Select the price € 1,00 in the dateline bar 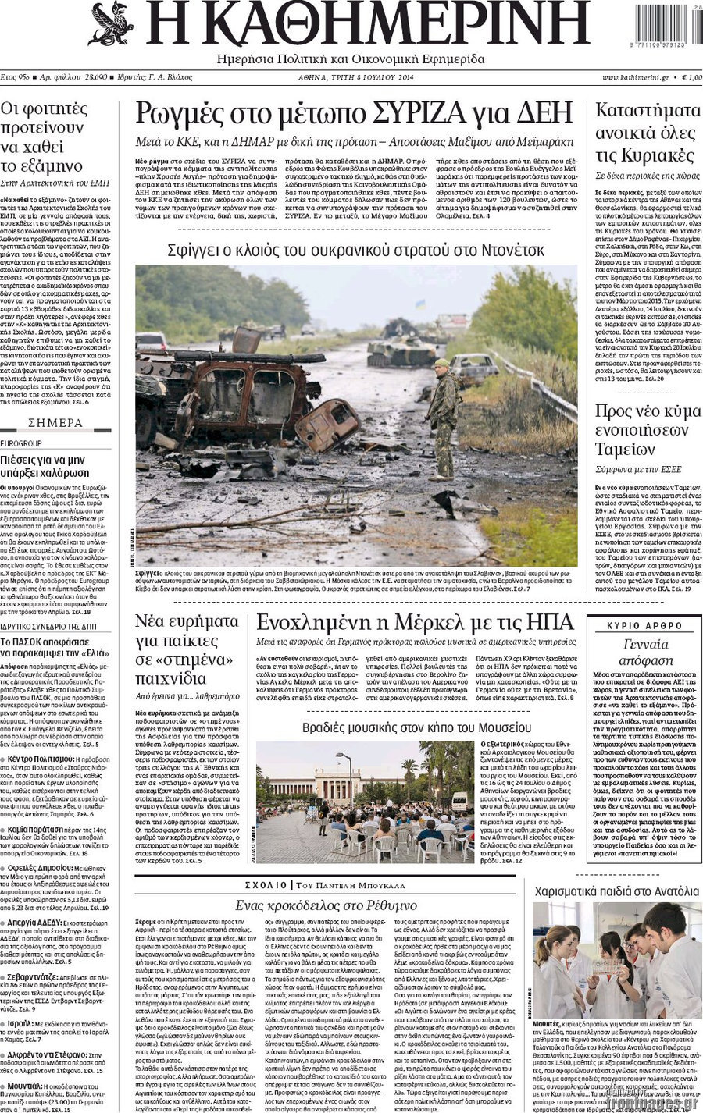point(691,78)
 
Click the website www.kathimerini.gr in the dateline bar point(635,78)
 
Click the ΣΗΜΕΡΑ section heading point(55,423)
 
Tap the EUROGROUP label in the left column point(22,443)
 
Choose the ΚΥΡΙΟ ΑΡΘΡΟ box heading point(645,626)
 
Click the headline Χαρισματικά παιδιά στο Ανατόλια point(616,891)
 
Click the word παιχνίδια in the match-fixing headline point(170,677)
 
